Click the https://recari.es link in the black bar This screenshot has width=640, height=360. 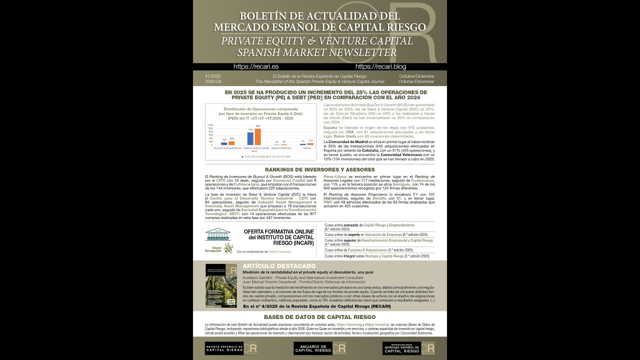[x=256, y=66]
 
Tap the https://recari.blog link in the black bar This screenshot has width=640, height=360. [x=380, y=66]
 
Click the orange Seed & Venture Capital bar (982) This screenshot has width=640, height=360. [x=258, y=136]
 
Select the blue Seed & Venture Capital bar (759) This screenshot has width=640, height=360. [x=250, y=138]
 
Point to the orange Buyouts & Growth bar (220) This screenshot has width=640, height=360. [x=231, y=143]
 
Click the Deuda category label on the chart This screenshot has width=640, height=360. [x=306, y=148]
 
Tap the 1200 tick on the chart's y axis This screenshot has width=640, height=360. [x=210, y=125]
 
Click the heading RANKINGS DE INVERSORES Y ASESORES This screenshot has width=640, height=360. [x=319, y=169]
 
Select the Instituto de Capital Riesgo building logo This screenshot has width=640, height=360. [x=217, y=234]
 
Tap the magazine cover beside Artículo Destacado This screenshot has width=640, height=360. [x=221, y=285]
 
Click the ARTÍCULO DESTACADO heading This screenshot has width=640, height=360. [x=279, y=266]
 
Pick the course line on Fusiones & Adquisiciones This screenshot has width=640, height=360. [x=368, y=250]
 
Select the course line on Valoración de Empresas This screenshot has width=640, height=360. [x=376, y=234]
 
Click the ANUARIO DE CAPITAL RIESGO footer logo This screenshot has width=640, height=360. [x=319, y=348]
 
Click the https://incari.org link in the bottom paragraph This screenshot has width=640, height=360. [x=348, y=324]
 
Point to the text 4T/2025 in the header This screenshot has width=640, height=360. [x=212, y=76]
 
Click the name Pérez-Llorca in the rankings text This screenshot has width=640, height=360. [x=335, y=177]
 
